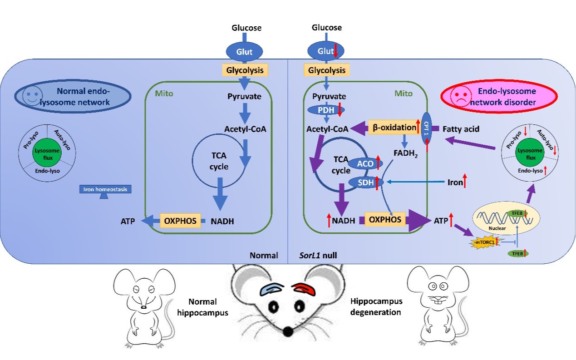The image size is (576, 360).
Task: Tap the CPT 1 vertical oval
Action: (426, 129)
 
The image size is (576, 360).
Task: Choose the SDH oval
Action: (365, 182)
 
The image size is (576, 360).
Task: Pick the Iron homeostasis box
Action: (105, 188)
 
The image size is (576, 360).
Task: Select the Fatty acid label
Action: (461, 129)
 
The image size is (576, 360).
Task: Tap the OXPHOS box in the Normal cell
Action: (180, 221)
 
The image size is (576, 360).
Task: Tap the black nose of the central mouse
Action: (288, 333)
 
